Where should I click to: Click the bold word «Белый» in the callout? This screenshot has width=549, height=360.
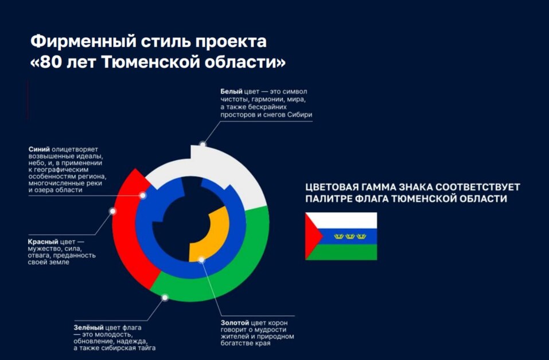[232, 91]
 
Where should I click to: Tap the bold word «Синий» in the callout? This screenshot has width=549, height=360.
[38, 149]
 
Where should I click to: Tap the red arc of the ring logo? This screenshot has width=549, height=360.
[126, 229]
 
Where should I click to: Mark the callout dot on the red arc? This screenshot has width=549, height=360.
[113, 212]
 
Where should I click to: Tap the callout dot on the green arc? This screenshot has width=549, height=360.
[165, 298]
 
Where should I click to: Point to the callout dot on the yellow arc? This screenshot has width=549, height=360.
[201, 260]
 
